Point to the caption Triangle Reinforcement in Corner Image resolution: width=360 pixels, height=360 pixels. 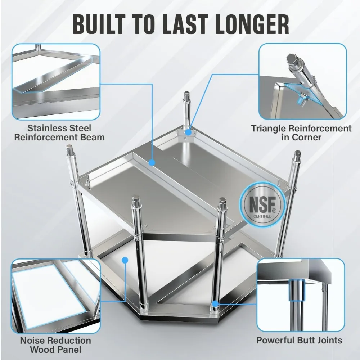(x=301, y=132)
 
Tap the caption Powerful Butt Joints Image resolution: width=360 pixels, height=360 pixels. (x=300, y=340)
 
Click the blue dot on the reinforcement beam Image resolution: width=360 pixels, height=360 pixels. (x=152, y=163)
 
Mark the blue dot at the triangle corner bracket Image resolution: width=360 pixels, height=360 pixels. (x=189, y=132)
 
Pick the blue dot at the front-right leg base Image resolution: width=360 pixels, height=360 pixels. (x=215, y=303)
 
